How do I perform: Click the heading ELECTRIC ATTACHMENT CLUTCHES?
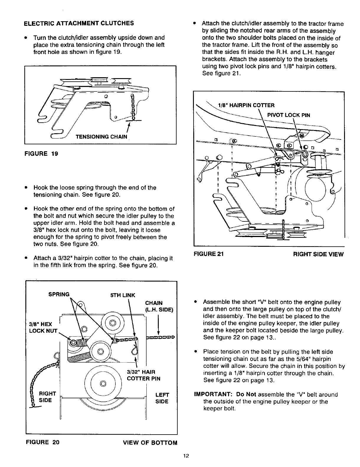coord(79,23)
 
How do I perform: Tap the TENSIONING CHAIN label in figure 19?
coord(102,137)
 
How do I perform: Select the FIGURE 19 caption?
coord(41,154)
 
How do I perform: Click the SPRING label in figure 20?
coord(59,294)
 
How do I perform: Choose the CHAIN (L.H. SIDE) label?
coord(159,306)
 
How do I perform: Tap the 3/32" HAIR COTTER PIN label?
coord(143,375)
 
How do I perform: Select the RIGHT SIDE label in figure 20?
coord(48,397)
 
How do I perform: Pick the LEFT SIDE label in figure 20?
coord(161,398)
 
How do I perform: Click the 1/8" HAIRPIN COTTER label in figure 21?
coord(246,105)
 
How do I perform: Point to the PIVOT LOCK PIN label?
coord(288,115)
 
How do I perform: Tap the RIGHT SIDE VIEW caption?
coord(318,254)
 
